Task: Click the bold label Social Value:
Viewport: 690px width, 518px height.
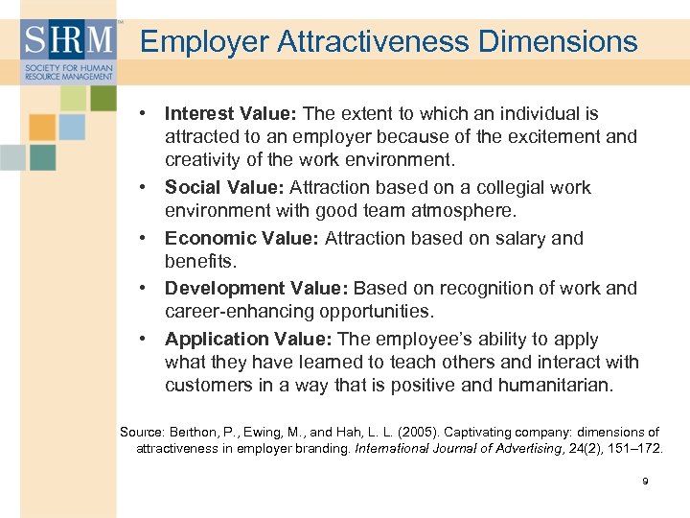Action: click(224, 187)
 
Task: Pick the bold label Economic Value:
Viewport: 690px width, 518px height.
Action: click(242, 238)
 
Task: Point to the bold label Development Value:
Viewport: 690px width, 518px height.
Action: click(257, 288)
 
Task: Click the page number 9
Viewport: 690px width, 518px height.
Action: click(645, 481)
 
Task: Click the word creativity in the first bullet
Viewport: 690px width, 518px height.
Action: click(202, 158)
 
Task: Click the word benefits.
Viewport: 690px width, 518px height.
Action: click(199, 260)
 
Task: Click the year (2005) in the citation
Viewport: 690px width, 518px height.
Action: click(377, 432)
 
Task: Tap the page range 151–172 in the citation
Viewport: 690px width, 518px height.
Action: click(632, 448)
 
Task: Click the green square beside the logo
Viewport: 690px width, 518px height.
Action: click(103, 97)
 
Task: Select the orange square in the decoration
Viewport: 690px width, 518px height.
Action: click(41, 128)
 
